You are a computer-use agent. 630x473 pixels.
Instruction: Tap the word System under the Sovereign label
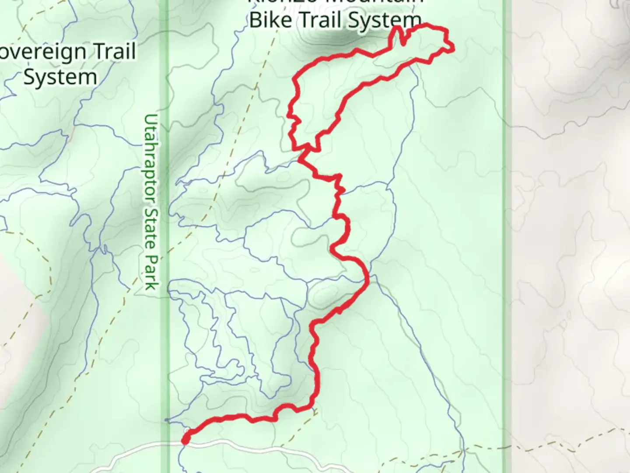[x=60, y=77]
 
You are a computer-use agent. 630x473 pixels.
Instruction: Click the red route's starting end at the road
[x=185, y=440]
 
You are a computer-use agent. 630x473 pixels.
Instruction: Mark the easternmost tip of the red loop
[x=452, y=49]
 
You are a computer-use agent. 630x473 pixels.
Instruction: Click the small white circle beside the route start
[x=188, y=431]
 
